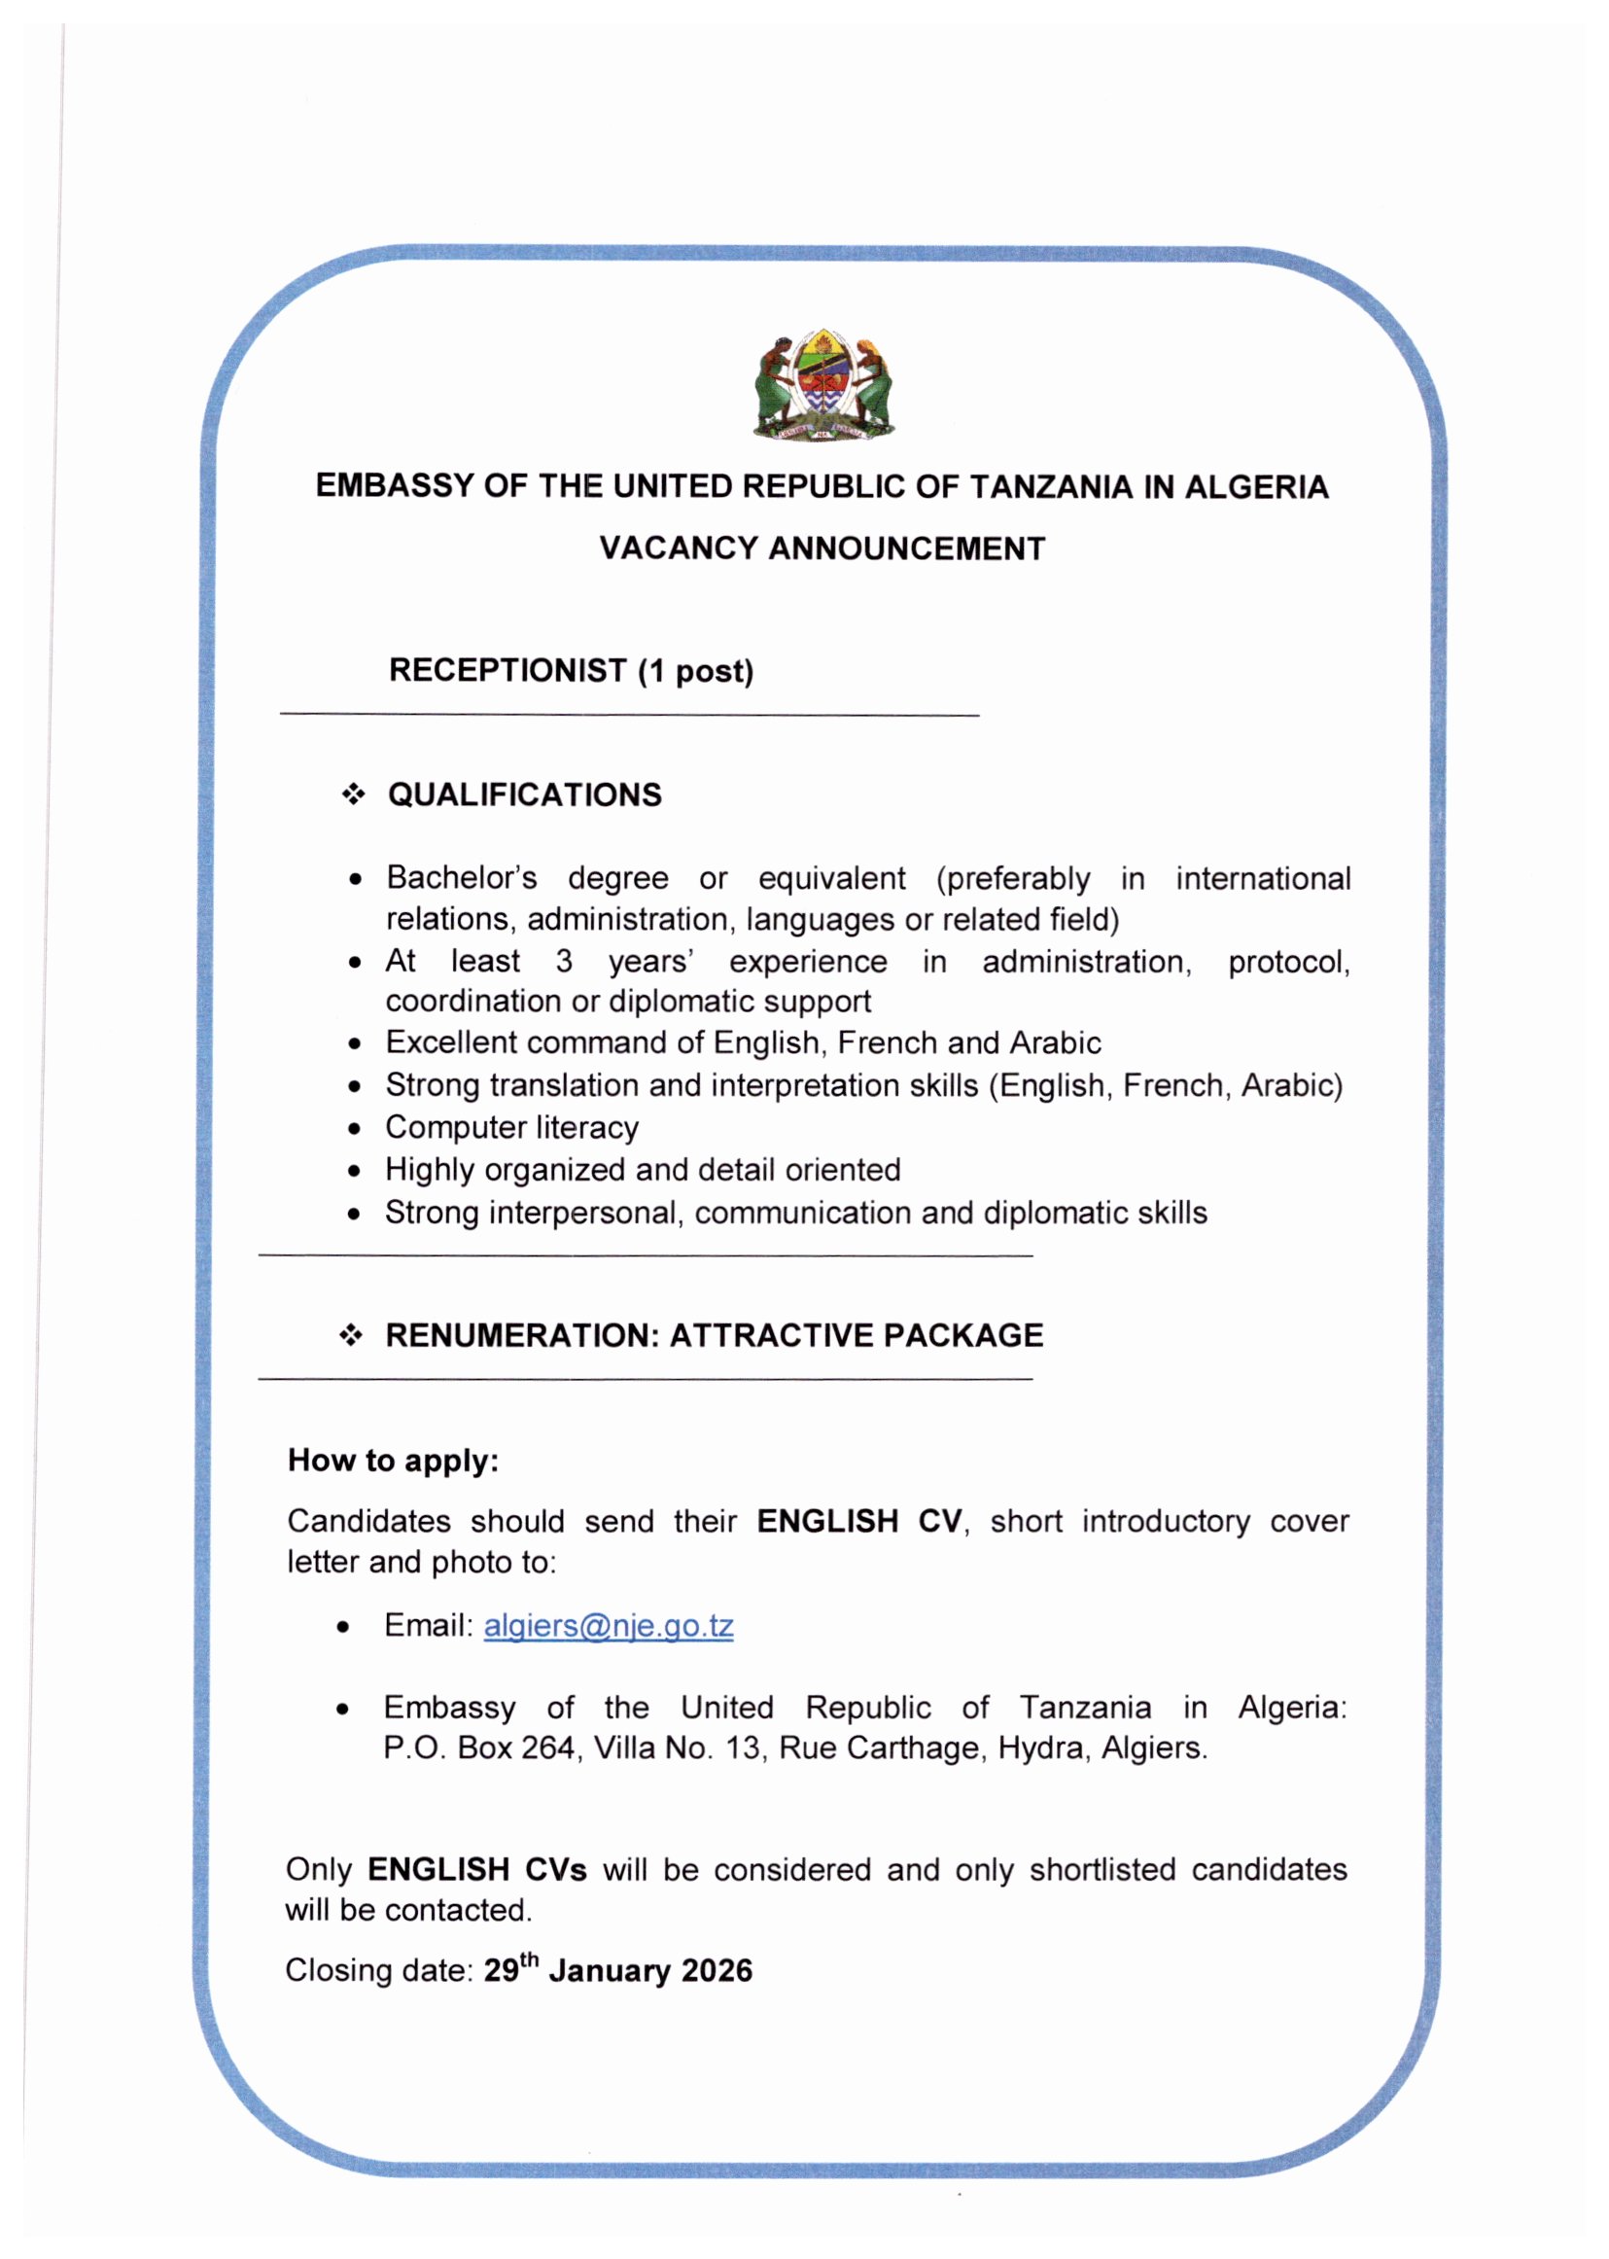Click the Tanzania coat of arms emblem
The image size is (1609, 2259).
pos(822,386)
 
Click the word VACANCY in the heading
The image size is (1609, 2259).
pos(678,547)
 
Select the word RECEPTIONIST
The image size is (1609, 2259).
pos(507,671)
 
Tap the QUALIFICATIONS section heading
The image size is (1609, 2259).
pos(524,794)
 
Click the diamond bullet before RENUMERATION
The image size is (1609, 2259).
pos(351,1334)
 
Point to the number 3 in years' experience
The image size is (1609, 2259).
pos(564,961)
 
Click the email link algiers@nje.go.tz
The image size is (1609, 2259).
pos(609,1626)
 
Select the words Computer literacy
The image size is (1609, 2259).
pos(512,1127)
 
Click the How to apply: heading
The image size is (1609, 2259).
pos(394,1461)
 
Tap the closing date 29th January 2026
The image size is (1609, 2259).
pos(617,1969)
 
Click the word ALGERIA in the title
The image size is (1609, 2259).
pos(1256,486)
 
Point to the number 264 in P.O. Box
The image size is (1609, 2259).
pos(548,1747)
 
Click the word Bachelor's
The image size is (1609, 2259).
pos(461,878)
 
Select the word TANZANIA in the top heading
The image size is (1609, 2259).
pos(1050,486)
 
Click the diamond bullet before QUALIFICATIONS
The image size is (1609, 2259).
pos(353,794)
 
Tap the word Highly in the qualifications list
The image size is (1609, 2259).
pos(430,1170)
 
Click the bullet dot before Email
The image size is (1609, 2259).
pos(343,1627)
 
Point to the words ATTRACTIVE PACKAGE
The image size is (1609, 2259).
pos(856,1334)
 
